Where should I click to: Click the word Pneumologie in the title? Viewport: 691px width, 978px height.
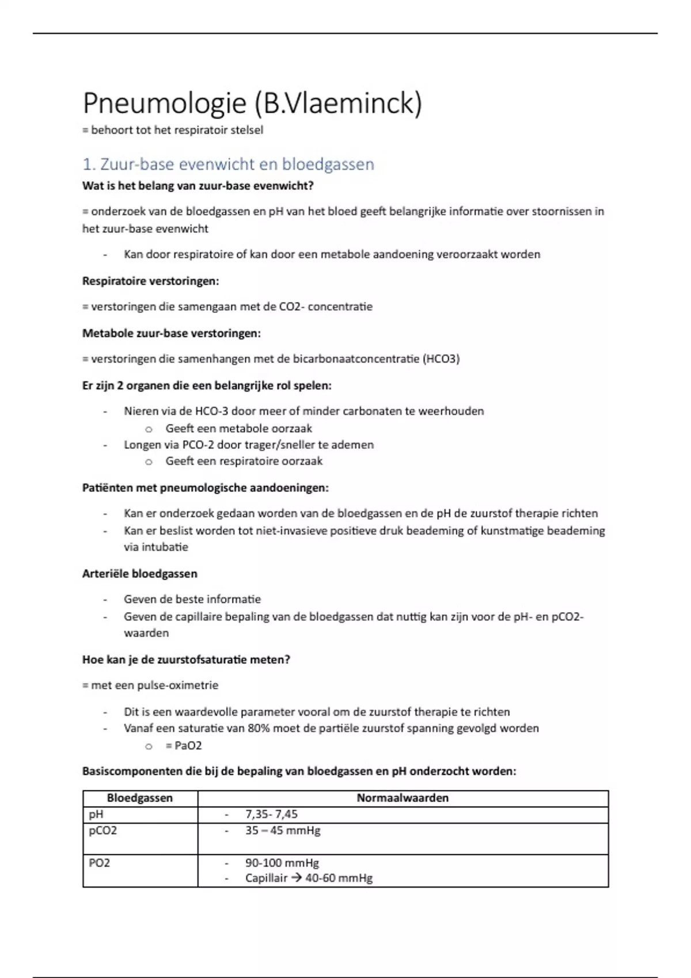(164, 104)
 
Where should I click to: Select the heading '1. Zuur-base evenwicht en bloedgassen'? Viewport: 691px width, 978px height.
(228, 165)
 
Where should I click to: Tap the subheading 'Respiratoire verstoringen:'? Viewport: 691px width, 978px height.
(150, 281)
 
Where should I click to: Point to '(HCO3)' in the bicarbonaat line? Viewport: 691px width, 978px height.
(441, 359)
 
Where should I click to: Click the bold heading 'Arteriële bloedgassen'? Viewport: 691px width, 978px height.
(139, 574)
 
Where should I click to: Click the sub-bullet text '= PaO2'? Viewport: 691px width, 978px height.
(184, 746)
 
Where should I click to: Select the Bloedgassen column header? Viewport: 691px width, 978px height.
(140, 798)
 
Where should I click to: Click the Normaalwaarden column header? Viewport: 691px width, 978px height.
(403, 798)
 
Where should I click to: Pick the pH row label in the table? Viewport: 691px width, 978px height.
(96, 815)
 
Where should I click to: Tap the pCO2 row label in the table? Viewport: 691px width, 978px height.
(102, 831)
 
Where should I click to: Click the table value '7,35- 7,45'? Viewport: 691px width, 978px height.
(271, 815)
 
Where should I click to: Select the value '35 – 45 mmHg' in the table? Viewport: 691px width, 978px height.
(283, 831)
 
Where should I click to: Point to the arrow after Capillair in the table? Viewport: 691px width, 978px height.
(297, 878)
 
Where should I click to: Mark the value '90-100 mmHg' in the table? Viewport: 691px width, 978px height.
(282, 863)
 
